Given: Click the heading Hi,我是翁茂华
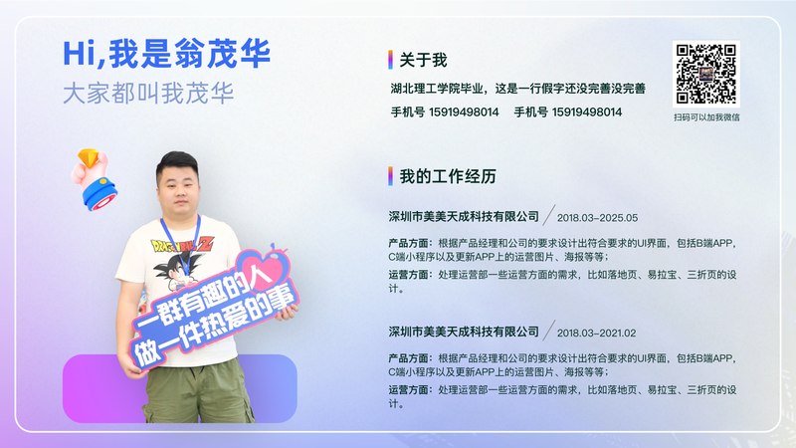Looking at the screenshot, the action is pos(166,54).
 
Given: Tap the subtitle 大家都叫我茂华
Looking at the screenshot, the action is pos(148,94).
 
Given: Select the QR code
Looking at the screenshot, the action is pos(705,74).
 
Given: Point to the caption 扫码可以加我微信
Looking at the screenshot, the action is pos(706,117).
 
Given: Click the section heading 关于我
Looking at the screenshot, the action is pos(423,60).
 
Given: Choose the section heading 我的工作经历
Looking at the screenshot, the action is pos(447,176).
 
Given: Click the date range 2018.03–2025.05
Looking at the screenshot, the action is pos(598,218).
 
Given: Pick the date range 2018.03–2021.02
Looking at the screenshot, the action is pos(596,334).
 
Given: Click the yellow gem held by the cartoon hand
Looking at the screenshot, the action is pos(89,157).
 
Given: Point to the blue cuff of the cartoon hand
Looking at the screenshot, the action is pos(100,194).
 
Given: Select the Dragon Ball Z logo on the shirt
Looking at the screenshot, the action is pos(182,245).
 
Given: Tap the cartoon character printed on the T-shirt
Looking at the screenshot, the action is pos(177,268).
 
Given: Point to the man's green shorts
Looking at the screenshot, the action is pos(199,391).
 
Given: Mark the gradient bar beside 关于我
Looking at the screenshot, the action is pos(390,60).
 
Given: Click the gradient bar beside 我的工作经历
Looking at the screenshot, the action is pos(390,176).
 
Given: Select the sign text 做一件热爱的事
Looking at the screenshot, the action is pos(213,327).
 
